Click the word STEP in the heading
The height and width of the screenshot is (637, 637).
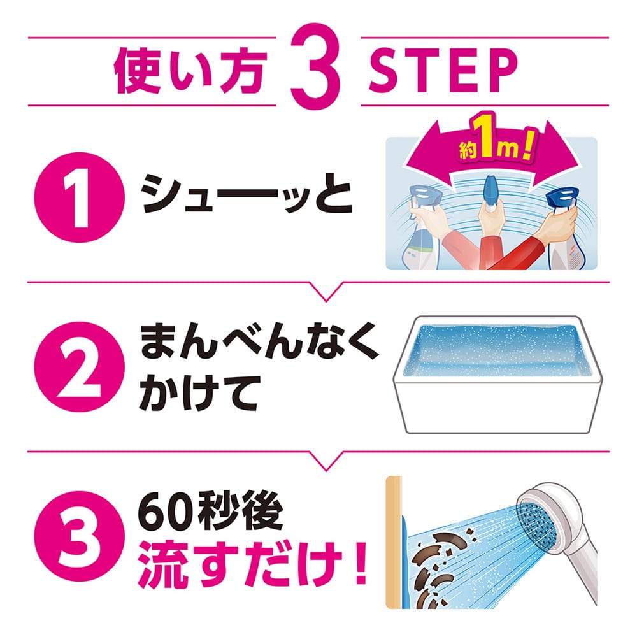(443, 72)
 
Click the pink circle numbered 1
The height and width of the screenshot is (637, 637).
(80, 197)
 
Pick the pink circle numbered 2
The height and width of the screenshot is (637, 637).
(80, 367)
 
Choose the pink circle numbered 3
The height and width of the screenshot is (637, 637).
(80, 536)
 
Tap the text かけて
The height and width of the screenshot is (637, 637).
(199, 392)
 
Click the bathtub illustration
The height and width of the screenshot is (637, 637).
(497, 374)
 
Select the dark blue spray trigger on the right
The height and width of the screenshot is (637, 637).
(562, 197)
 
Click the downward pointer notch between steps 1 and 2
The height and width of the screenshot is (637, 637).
(326, 292)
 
